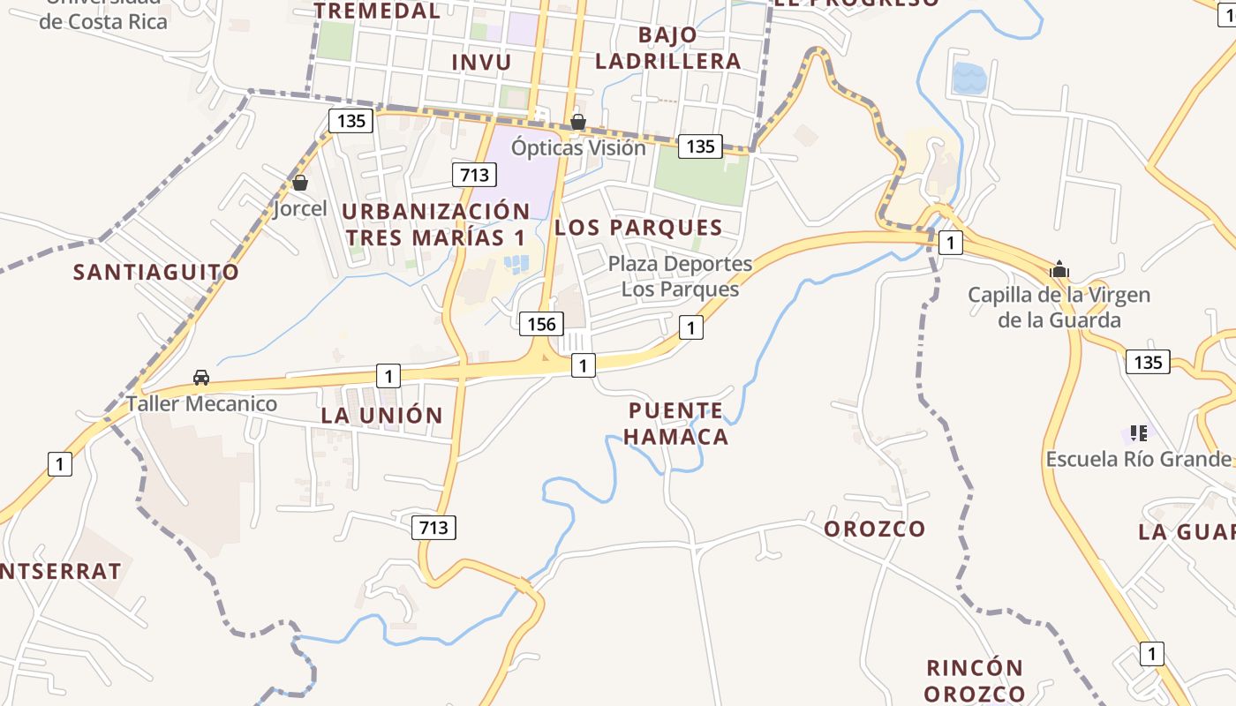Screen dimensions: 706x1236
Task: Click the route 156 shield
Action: point(541,324)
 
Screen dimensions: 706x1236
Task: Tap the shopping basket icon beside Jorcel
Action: point(300,184)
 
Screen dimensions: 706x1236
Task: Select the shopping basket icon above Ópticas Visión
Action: point(578,122)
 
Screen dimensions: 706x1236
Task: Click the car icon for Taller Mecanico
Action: point(201,378)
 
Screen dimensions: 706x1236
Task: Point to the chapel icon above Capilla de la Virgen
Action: point(1059,269)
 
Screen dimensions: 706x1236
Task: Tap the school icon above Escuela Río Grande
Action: point(1139,433)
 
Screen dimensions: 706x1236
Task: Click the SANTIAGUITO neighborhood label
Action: point(156,272)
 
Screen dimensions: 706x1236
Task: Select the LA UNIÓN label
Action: point(381,415)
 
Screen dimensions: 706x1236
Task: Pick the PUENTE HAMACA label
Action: point(677,424)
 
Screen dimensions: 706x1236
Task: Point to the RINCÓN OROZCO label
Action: point(975,680)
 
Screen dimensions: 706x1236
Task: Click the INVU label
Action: point(481,62)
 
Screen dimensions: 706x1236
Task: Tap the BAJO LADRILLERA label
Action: point(667,48)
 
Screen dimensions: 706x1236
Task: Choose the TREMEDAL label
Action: point(377,11)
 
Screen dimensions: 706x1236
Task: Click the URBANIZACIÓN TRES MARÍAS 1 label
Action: point(436,224)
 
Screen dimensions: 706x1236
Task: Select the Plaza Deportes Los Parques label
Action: point(680,276)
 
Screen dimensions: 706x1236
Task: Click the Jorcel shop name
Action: point(300,209)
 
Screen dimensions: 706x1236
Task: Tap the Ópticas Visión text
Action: point(579,147)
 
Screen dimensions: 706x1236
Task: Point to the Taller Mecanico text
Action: point(202,404)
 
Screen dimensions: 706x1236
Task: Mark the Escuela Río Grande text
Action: point(1138,459)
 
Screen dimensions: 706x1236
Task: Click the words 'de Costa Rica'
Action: point(103,21)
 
